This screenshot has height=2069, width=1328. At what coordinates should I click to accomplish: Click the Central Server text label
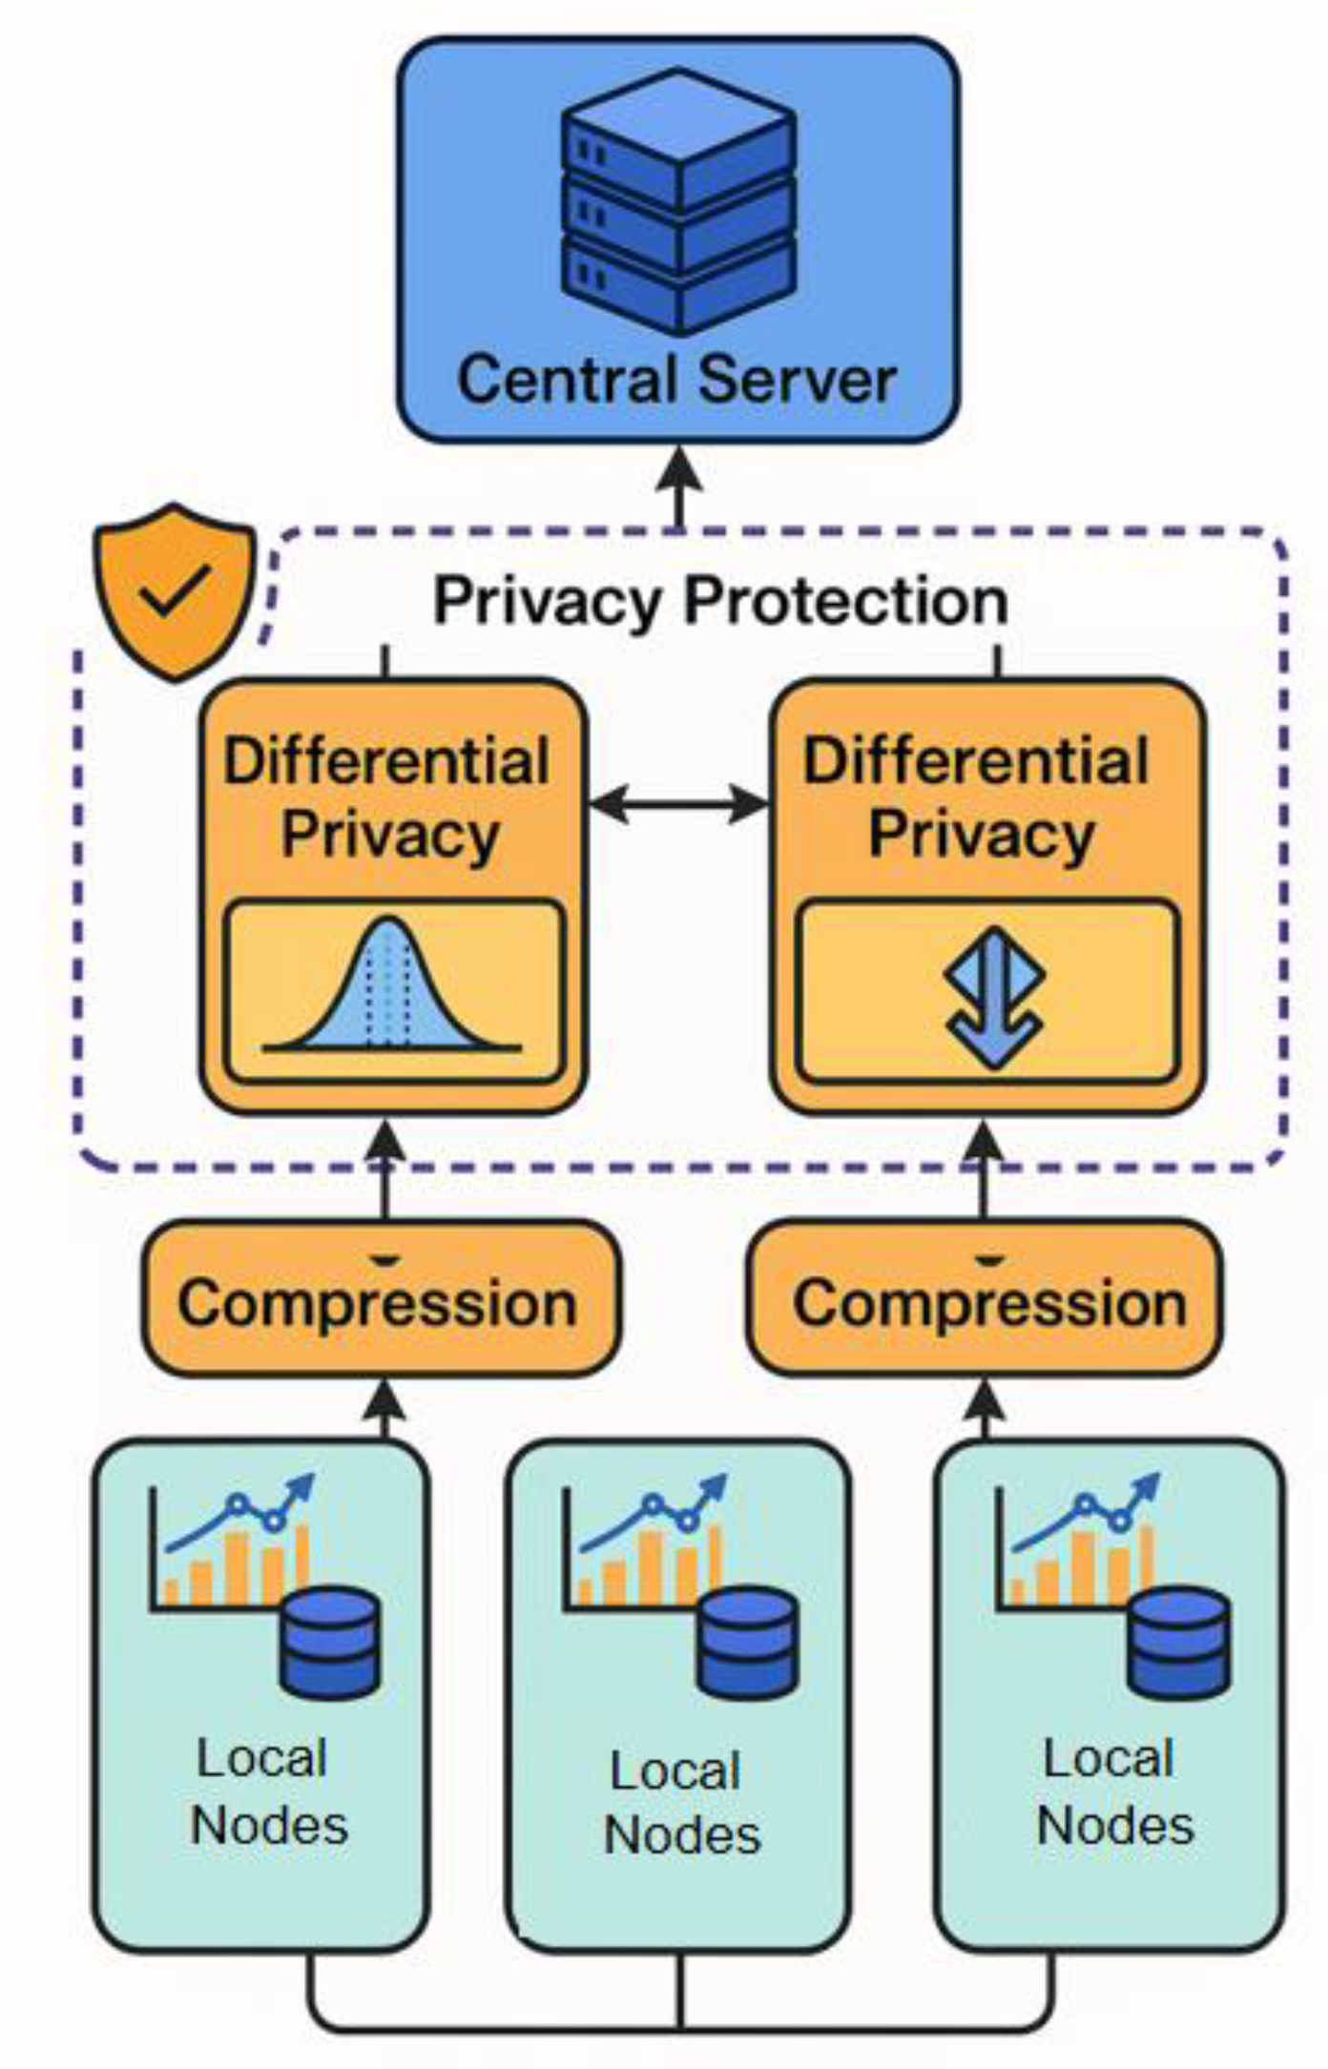pyautogui.click(x=676, y=380)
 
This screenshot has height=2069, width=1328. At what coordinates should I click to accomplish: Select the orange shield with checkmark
pyautogui.click(x=175, y=591)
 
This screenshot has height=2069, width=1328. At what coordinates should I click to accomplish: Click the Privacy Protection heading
pyautogui.click(x=720, y=601)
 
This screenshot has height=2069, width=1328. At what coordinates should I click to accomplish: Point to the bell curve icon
pyautogui.click(x=392, y=992)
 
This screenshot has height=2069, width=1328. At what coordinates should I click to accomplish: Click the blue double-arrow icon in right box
pyautogui.click(x=993, y=996)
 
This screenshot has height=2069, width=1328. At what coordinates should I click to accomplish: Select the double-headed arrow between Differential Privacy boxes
pyautogui.click(x=678, y=804)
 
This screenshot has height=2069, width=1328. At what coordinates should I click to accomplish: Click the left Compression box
pyautogui.click(x=380, y=1300)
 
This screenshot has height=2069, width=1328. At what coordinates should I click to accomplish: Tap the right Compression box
pyautogui.click(x=986, y=1300)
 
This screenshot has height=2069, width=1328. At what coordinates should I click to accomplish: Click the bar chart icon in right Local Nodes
pyautogui.click(x=1078, y=1545)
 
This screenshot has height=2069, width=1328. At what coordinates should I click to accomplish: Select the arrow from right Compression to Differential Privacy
pyautogui.click(x=986, y=1169)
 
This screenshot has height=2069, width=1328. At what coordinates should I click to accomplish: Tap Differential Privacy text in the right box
pyautogui.click(x=979, y=798)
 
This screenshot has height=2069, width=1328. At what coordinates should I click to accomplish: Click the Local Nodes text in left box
pyautogui.click(x=267, y=1791)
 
